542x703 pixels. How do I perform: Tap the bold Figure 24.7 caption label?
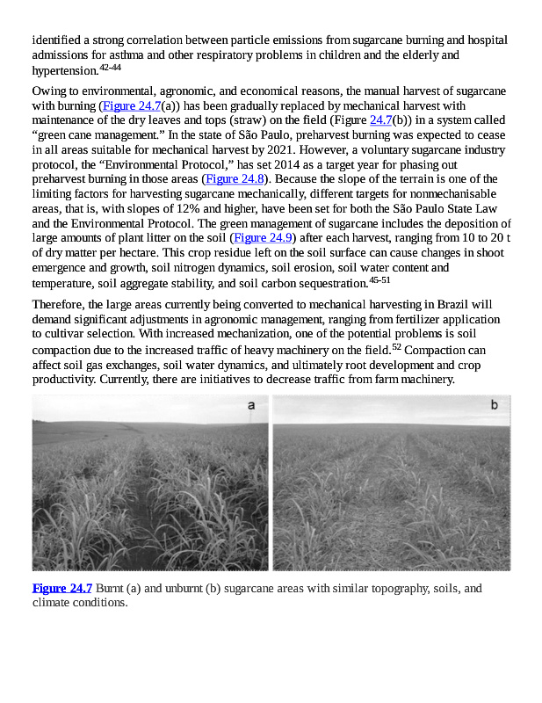[62, 588]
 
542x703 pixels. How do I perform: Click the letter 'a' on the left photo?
[251, 405]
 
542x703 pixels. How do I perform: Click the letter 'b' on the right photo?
[494, 404]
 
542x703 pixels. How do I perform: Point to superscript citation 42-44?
[111, 67]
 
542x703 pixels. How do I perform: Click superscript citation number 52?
[397, 346]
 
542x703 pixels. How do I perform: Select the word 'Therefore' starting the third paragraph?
[58, 305]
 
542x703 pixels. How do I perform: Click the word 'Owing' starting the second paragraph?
[48, 91]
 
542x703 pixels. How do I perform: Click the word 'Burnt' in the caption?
[112, 588]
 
